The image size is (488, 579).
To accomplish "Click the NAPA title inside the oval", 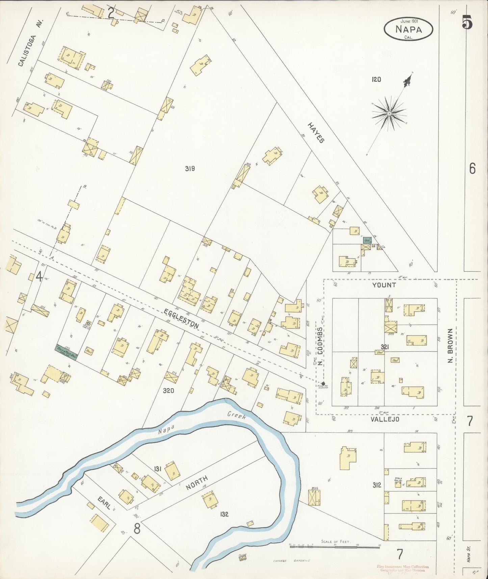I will point(409,29).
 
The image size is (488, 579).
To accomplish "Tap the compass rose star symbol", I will point(389,113).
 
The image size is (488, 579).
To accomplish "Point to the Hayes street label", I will point(316,132).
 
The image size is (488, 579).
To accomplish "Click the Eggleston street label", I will point(181,319).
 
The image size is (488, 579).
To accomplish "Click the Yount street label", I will point(384,285).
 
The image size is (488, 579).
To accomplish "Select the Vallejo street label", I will point(385,419).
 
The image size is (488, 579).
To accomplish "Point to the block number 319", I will point(190,169).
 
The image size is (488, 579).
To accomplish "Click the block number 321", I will point(385,347).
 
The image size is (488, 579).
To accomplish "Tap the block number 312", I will point(377,485).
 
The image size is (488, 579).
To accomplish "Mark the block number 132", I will point(224,514).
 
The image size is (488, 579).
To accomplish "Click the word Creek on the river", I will point(236,415).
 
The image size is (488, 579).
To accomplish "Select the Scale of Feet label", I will point(336,542).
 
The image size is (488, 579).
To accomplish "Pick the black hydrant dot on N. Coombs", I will point(323,383).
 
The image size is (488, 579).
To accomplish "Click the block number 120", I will point(376,79).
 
